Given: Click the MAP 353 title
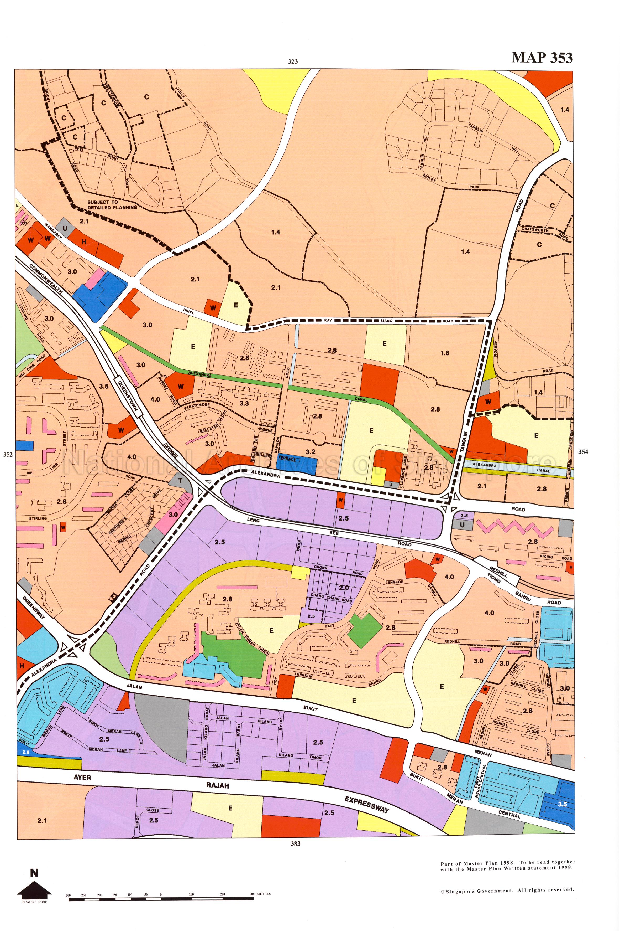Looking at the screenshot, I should [542, 58].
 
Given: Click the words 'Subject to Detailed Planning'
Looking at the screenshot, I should [112, 205].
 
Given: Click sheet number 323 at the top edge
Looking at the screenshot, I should [293, 61].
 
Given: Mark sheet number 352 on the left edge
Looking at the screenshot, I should [8, 454].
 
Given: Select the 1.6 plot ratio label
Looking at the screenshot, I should [445, 353].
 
